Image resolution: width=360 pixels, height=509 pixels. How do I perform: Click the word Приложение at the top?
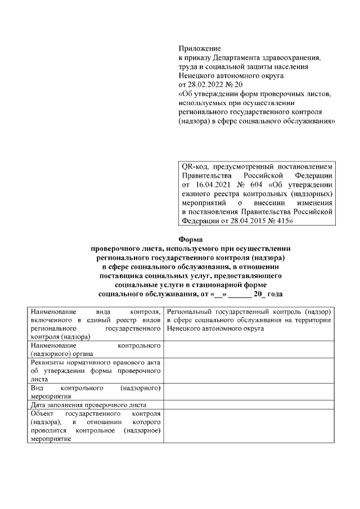tap(199, 49)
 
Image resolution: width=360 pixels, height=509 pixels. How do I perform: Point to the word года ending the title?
tap(273, 294)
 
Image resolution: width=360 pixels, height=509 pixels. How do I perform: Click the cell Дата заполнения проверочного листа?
tap(89, 404)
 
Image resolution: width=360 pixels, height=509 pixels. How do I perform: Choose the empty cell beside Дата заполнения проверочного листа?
tap(248, 404)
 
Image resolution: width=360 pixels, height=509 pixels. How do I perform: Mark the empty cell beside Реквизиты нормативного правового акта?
tap(248, 371)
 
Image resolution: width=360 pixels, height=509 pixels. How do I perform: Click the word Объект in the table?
tap(42, 413)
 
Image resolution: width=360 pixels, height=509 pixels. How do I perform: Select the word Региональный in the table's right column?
tap(191, 312)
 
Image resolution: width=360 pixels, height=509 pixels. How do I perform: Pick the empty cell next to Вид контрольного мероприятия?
tap(248, 392)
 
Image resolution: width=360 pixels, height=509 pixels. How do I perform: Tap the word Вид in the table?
tap(37, 388)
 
